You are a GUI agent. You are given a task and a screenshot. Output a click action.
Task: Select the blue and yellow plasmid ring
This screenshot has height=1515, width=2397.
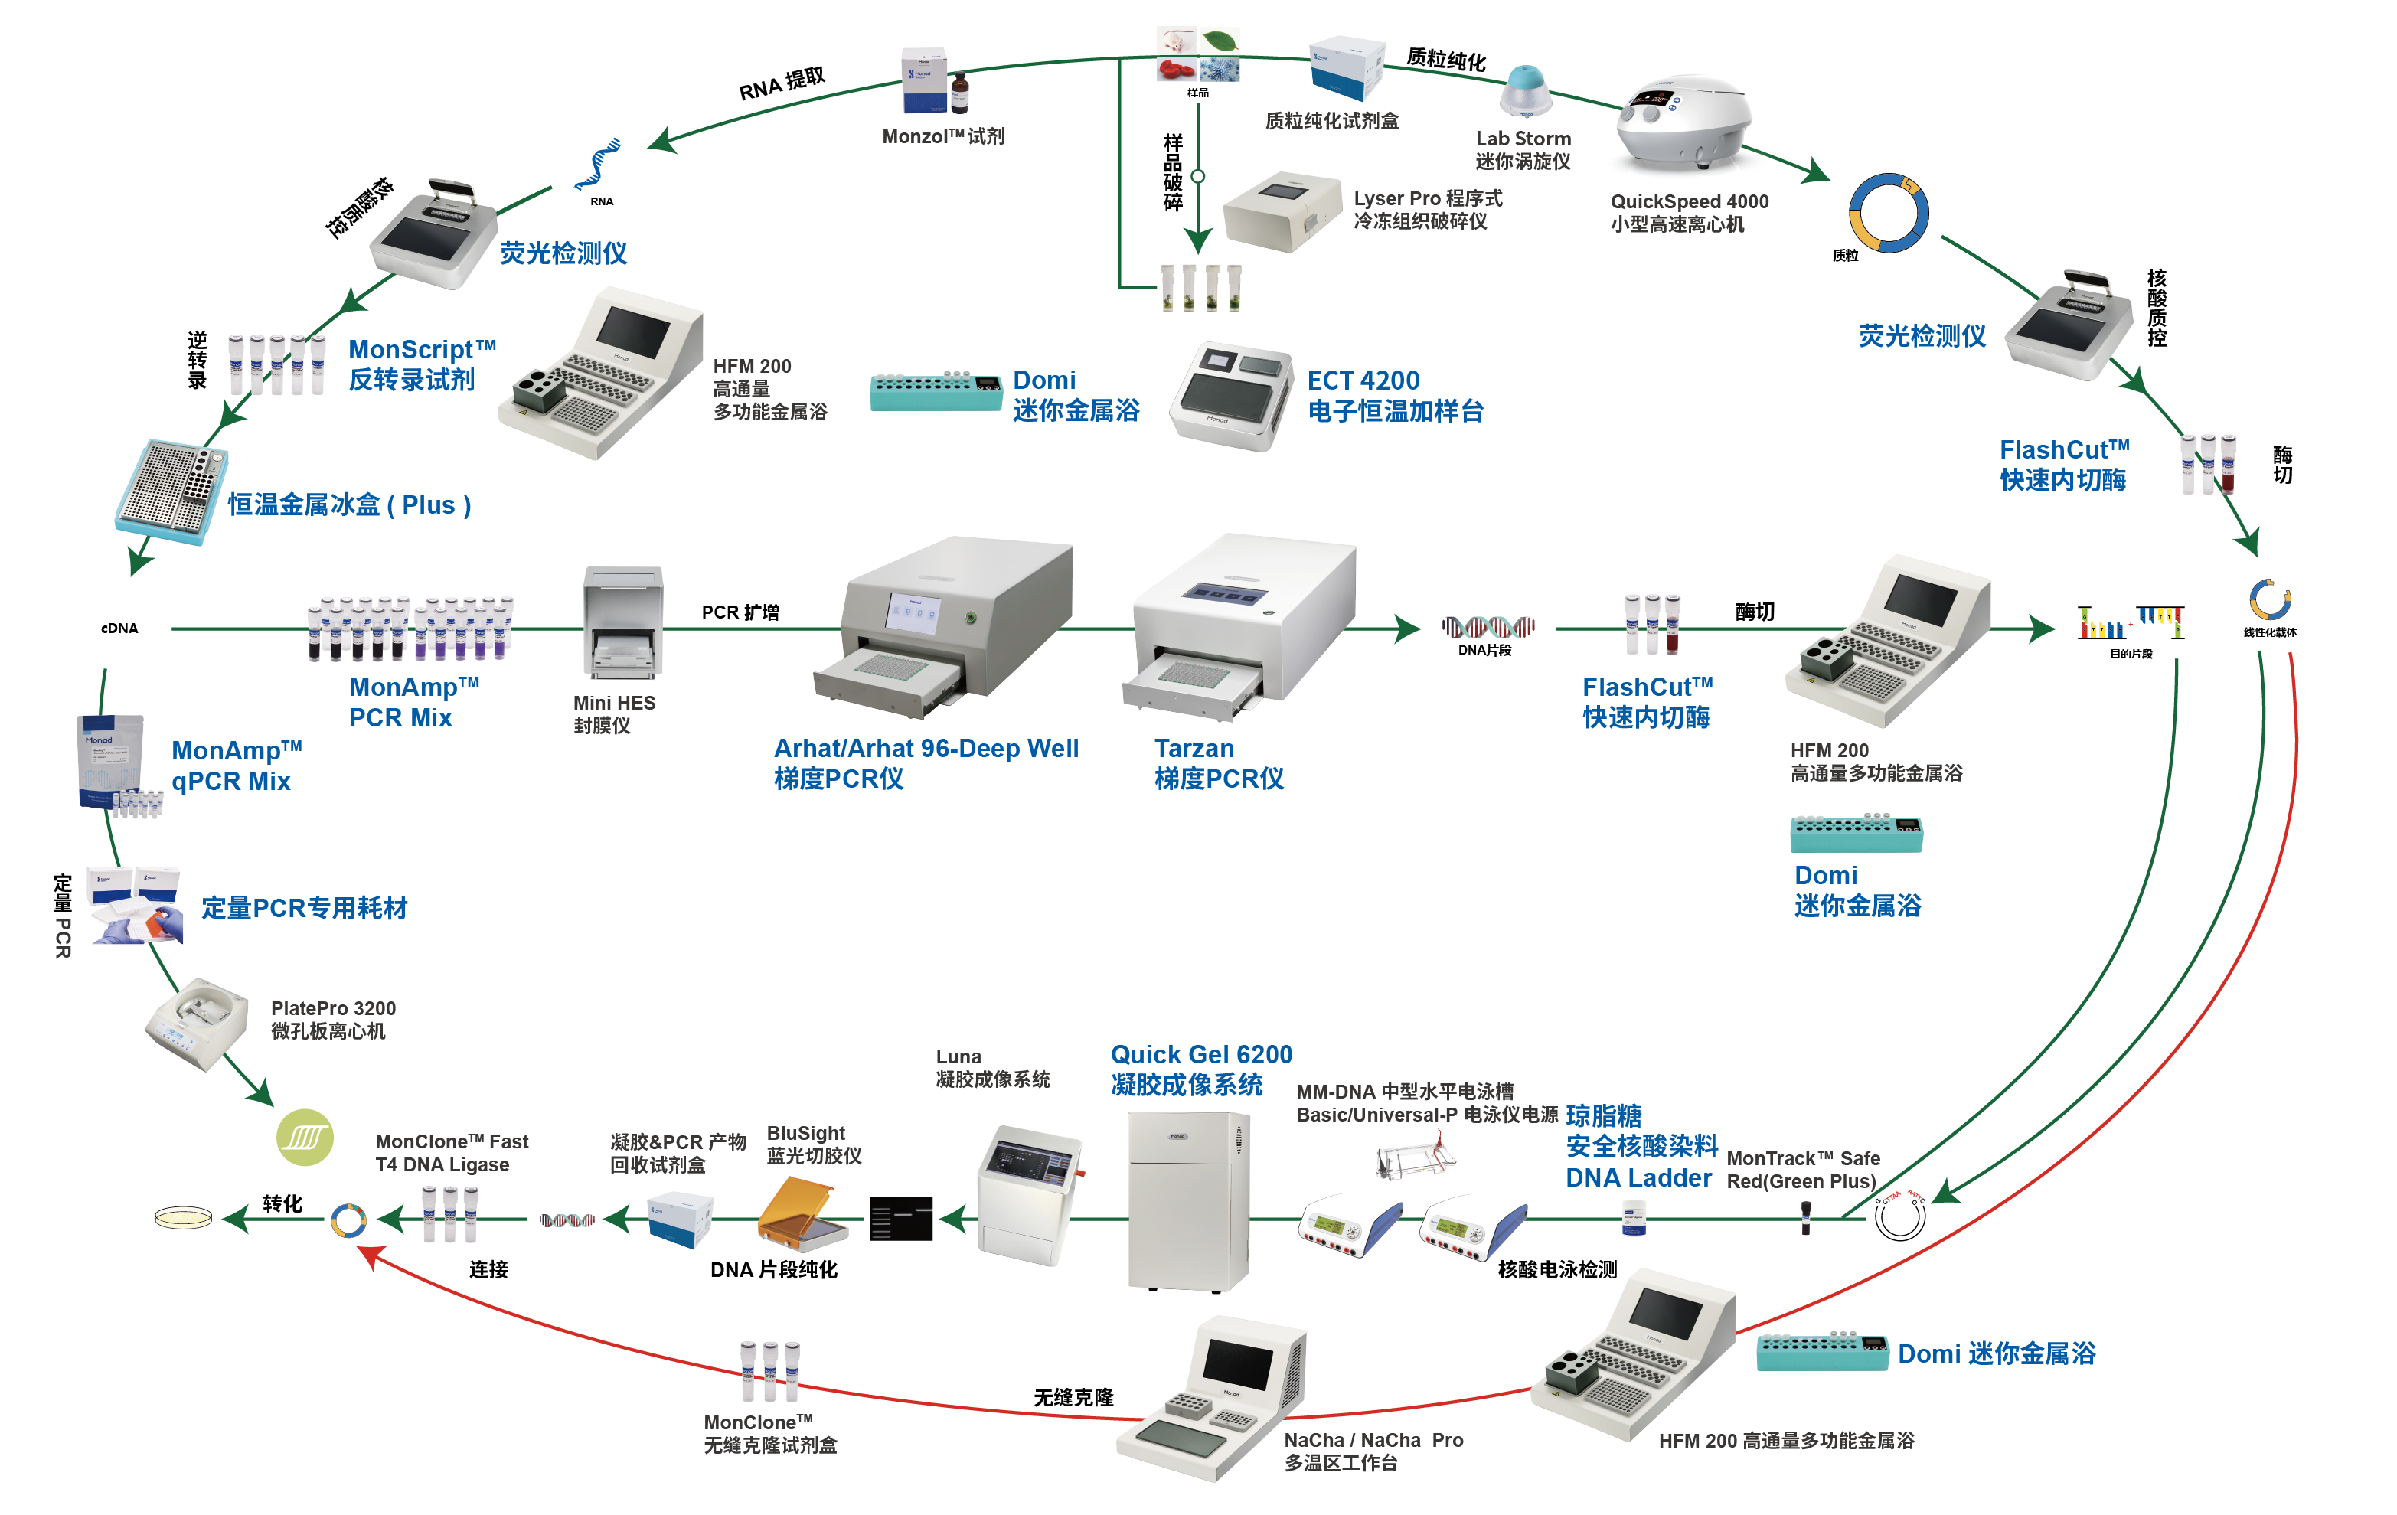tap(1889, 213)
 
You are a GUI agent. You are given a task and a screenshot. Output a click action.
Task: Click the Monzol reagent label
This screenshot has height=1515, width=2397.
tap(942, 136)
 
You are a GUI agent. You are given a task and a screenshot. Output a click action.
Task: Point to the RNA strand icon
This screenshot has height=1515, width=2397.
tap(597, 165)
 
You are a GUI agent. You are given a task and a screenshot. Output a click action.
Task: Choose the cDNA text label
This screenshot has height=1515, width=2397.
tap(119, 628)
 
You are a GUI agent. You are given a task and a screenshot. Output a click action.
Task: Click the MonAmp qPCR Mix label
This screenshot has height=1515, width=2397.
tap(236, 766)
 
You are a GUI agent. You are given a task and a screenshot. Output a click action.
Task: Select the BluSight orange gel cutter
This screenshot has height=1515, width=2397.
tap(802, 1213)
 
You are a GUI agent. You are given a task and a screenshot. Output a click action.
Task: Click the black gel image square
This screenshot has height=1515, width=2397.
tap(901, 1219)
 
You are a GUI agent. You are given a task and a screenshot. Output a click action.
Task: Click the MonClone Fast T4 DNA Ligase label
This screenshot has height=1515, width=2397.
tap(451, 1153)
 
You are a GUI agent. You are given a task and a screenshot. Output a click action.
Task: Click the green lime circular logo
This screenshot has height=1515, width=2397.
tap(305, 1137)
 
